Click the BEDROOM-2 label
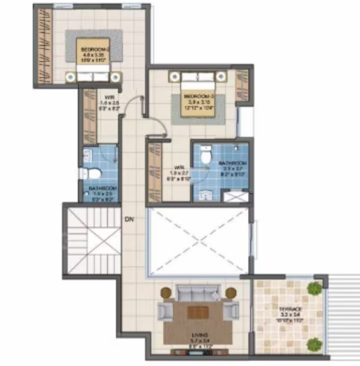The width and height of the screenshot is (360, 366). point(95,49)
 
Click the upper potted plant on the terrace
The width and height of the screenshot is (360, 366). point(314,289)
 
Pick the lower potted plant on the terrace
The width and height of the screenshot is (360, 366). point(312,344)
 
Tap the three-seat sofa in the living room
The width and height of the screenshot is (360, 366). point(198,294)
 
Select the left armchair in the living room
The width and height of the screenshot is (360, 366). point(164,312)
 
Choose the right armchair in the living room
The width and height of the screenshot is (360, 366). point(231,312)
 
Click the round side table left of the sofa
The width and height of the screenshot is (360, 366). point(166,293)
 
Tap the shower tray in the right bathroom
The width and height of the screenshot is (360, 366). point(236,196)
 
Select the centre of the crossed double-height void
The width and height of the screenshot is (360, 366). point(197,243)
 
